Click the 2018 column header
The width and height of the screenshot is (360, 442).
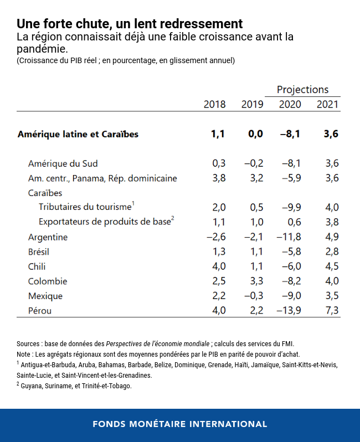pos(215,104)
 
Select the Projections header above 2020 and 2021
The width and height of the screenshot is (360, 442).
pos(302,90)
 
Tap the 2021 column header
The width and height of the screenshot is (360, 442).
pos(327,104)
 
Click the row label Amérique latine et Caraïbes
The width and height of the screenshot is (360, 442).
pos(78,134)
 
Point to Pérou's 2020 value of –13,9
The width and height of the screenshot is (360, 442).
pos(289,310)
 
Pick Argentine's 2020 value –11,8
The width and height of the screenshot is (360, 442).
pos(289,237)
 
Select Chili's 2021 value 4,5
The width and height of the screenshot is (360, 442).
pos(332,266)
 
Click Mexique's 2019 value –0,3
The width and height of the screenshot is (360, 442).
pos(253,296)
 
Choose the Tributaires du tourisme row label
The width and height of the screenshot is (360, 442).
pos(85,207)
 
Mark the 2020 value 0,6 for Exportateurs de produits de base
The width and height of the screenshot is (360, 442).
pos(295,222)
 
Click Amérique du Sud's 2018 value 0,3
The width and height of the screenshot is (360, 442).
pos(219,163)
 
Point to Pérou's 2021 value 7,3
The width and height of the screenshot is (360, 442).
pos(332,310)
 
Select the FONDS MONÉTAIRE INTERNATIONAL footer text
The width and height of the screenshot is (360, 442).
pos(180,424)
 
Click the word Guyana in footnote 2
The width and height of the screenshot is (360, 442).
pos(32,386)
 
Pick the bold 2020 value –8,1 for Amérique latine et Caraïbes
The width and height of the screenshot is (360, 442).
pos(290,134)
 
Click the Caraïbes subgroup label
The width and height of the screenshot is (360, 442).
pos(45,193)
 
